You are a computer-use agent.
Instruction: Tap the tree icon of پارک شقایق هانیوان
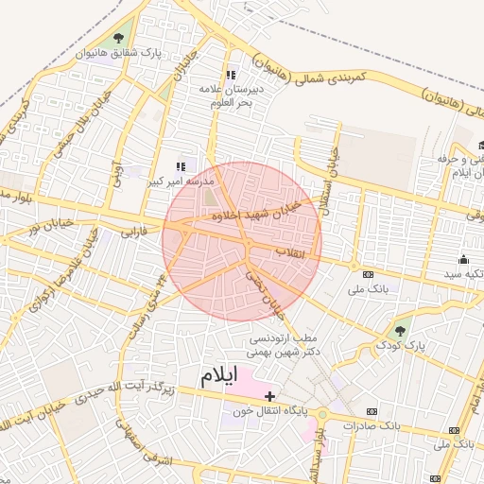117,38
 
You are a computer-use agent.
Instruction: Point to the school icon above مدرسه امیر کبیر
181,166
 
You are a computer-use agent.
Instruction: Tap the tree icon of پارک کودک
398,332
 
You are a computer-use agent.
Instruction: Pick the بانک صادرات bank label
400,425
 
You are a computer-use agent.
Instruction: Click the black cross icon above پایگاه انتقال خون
270,396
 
